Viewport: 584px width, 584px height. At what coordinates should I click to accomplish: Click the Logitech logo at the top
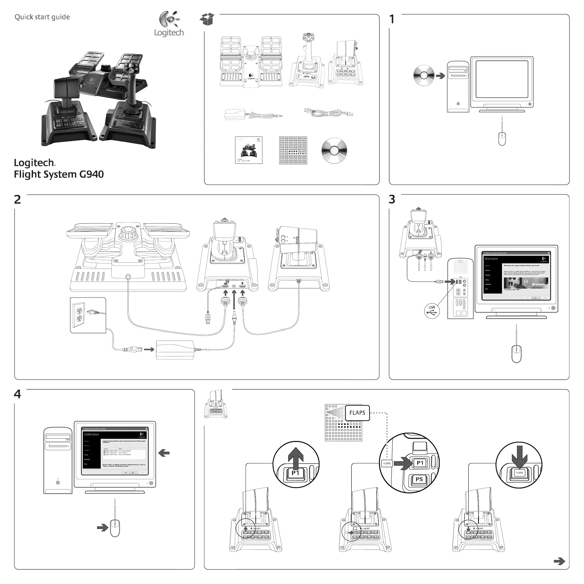[x=169, y=24]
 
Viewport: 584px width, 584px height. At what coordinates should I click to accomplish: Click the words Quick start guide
[x=42, y=17]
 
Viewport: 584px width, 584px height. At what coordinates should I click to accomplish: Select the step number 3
[x=392, y=200]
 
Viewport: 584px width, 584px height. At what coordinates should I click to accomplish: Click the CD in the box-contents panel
[x=334, y=151]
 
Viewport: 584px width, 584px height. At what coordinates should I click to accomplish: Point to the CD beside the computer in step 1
[x=424, y=76]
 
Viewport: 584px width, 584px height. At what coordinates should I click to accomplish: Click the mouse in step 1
[x=502, y=139]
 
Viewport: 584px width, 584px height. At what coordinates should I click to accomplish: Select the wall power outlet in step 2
[x=80, y=315]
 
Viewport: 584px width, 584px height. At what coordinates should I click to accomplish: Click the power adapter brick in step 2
[x=175, y=350]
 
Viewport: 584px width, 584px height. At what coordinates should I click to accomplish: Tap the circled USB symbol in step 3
[x=432, y=311]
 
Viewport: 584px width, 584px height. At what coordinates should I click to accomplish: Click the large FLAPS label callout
[x=357, y=413]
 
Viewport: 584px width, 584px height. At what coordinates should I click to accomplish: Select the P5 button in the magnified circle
[x=419, y=479]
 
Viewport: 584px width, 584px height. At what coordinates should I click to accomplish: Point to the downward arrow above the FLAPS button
[x=519, y=457]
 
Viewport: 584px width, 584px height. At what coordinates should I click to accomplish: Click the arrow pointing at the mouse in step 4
[x=103, y=528]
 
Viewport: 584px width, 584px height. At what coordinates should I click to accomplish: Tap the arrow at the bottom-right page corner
[x=559, y=561]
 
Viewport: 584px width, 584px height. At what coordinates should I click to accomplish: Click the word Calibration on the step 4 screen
[x=91, y=434]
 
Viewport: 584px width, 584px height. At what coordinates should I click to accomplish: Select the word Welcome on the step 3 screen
[x=491, y=259]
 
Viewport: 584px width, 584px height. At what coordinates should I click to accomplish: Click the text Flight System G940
[x=59, y=174]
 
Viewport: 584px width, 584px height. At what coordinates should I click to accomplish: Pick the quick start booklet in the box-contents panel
[x=248, y=150]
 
